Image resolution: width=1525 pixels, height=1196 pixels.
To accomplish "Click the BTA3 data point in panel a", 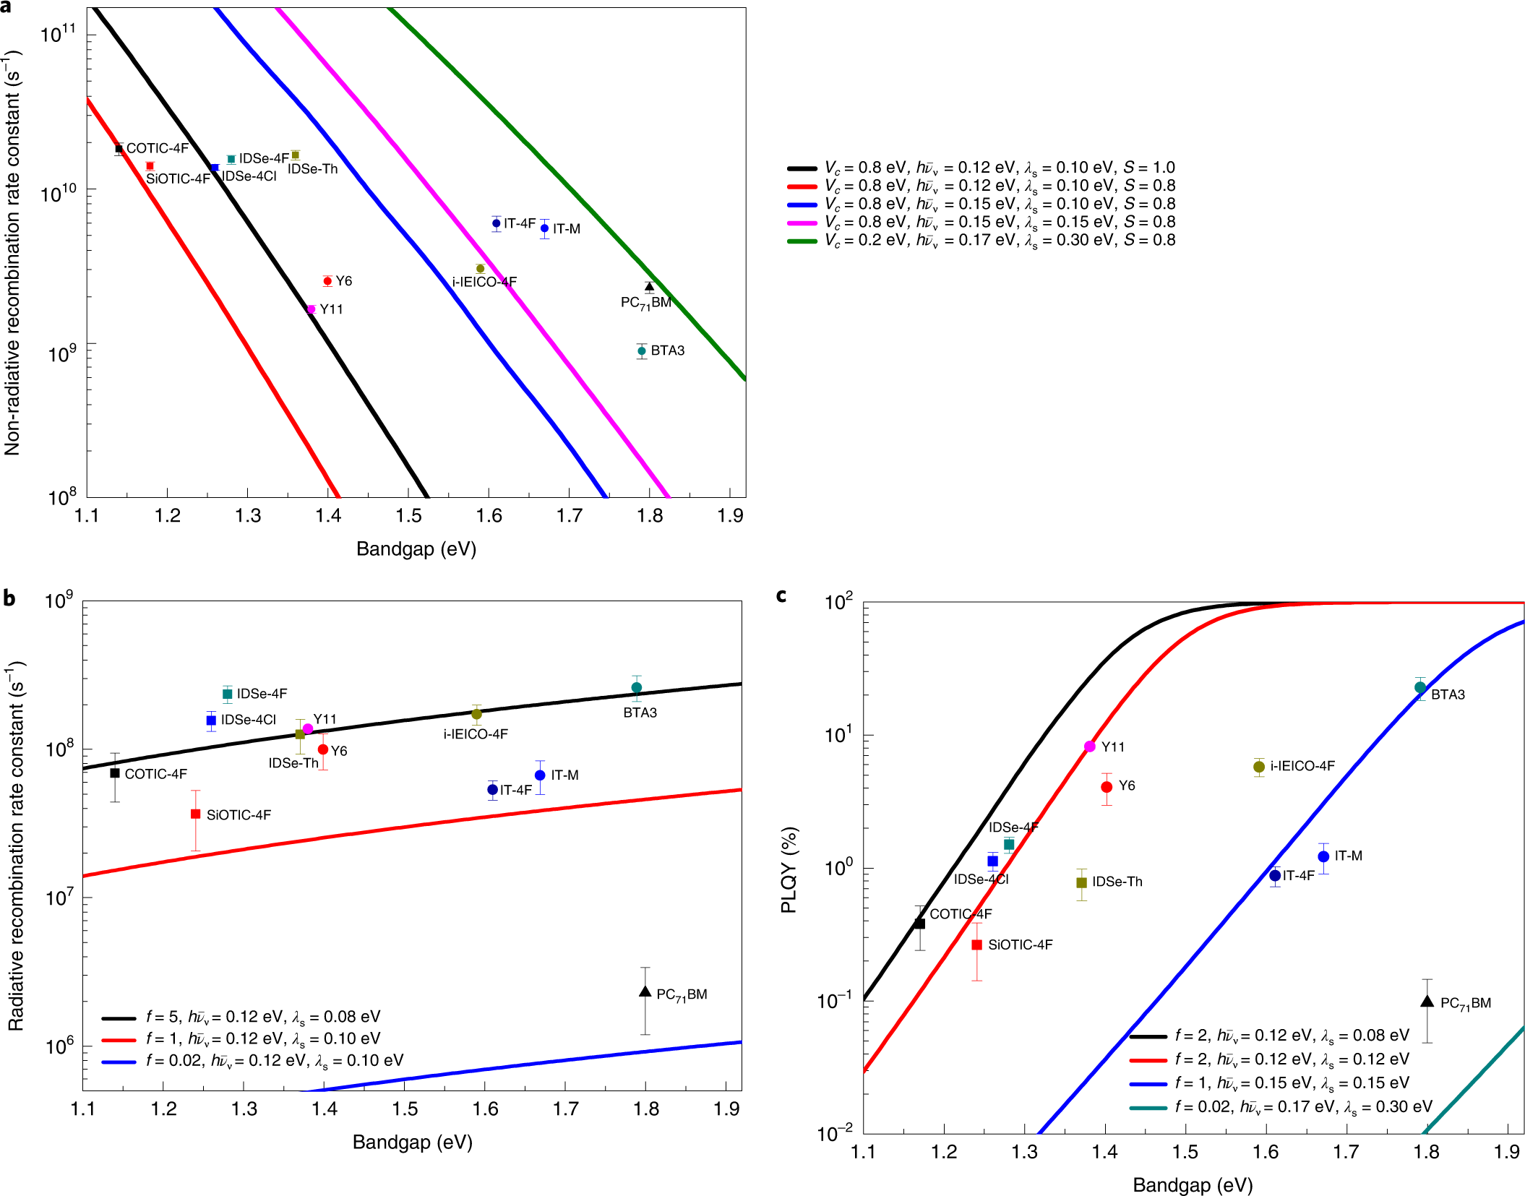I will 641,351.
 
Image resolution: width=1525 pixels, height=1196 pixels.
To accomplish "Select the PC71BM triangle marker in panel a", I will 649,287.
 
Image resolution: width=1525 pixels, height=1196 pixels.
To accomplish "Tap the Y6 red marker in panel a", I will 327,281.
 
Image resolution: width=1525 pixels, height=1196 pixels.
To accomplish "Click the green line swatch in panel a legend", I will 802,241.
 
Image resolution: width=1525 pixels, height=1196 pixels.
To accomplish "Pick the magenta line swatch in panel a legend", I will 802,223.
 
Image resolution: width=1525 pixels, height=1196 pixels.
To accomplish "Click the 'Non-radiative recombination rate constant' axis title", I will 12,253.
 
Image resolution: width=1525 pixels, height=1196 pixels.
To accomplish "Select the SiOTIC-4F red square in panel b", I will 195,814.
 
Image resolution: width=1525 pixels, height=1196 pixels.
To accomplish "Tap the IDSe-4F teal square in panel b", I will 228,694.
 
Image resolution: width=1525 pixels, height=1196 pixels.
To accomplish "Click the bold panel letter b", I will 9,598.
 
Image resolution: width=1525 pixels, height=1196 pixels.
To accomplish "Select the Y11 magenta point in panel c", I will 1089,747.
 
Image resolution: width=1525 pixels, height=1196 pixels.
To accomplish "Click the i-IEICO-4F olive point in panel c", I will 1259,767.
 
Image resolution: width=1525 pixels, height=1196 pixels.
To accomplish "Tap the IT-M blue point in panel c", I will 1323,856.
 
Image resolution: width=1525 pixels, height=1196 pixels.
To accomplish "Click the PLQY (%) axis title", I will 789,870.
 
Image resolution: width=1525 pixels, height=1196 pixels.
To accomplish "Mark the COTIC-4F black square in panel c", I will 919,924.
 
